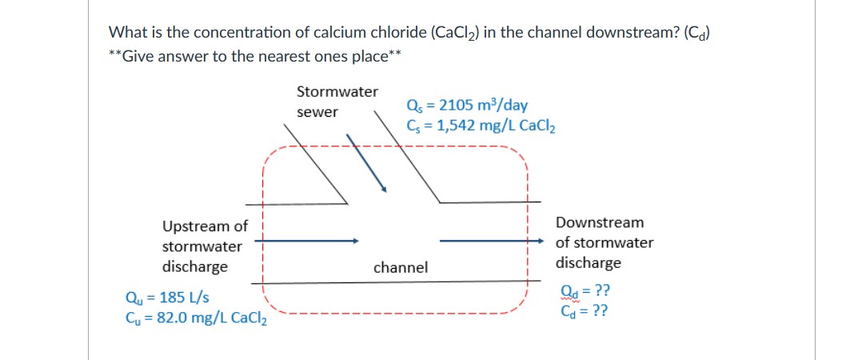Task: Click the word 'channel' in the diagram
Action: (x=401, y=267)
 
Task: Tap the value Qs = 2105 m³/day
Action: (x=466, y=106)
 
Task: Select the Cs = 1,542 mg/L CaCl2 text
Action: (x=481, y=126)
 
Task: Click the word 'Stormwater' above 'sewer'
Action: (x=337, y=92)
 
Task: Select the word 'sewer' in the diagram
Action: (x=317, y=113)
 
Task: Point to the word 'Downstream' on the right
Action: (x=600, y=222)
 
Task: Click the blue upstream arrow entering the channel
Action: (x=308, y=239)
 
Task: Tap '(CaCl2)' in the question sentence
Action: (x=456, y=34)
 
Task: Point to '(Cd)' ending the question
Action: (x=698, y=34)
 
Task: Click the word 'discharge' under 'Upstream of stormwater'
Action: (x=194, y=266)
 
